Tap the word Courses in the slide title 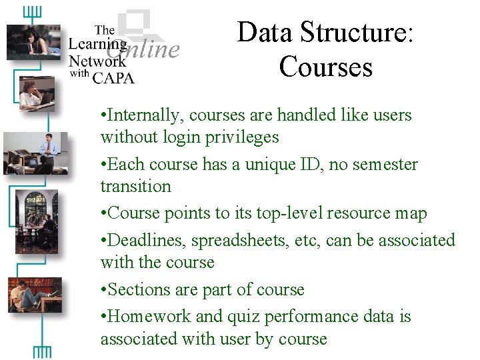click(326, 66)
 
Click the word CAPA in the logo click(113, 77)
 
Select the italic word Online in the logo click(143, 49)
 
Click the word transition click(135, 187)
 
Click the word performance click(288, 317)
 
